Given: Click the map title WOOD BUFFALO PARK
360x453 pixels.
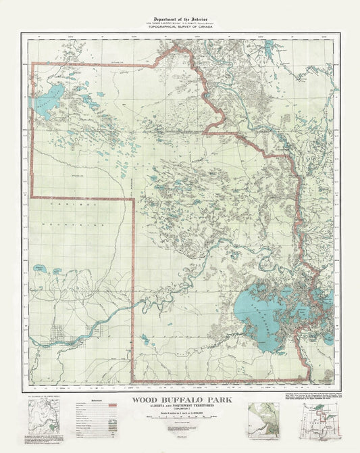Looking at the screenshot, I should (179, 400).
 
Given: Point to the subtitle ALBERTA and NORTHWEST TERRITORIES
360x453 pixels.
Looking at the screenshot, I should (179, 407).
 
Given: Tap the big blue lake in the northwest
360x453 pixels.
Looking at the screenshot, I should (49, 101).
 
